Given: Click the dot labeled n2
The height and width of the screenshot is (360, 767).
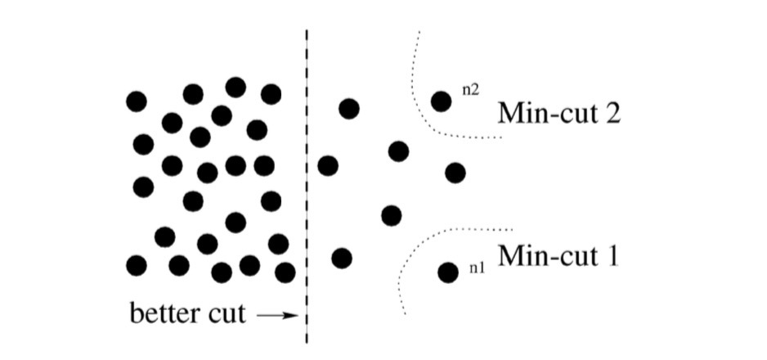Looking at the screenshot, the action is pos(442,101).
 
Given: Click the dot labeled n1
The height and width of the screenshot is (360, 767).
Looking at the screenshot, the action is pos(447,272).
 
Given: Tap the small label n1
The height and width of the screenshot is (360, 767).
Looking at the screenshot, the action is pos(476,268).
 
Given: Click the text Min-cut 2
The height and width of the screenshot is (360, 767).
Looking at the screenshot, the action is pos(559,112).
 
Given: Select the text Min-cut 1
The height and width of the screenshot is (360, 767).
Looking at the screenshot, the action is pos(559,255).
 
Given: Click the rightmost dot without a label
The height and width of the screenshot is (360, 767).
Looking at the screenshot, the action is pos(455,173).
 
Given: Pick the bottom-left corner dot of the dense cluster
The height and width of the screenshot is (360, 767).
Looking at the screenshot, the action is pos(137,265).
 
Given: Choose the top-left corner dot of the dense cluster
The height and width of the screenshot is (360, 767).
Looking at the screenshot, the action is pos(137,101).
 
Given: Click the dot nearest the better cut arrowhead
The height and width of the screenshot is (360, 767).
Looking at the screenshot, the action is pos(285,272).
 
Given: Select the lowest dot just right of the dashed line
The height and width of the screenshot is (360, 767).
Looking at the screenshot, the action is pos(342,259).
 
